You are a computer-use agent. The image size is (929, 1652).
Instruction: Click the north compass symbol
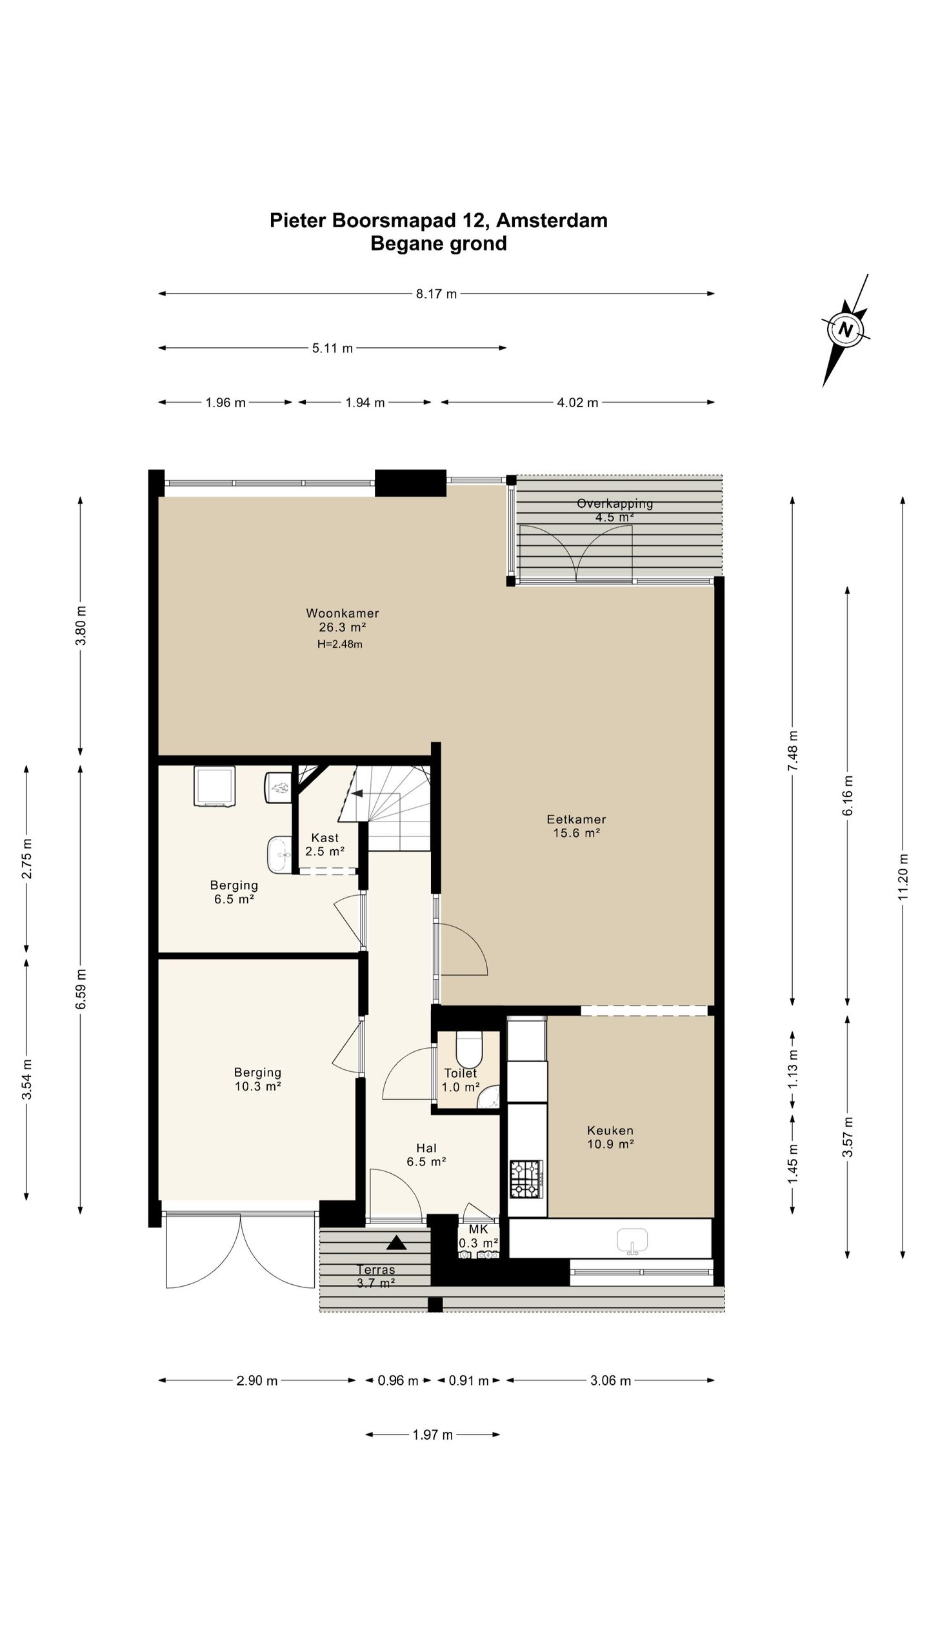[x=845, y=330]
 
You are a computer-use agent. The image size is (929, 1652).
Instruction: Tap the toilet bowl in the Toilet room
[x=468, y=1050]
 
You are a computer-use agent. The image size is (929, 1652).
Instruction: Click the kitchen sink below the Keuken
[x=632, y=1241]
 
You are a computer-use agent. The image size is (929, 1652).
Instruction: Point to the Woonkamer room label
[x=343, y=613]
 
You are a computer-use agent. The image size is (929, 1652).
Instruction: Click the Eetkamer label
[x=576, y=819]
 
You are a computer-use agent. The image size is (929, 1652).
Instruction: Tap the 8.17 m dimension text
[x=436, y=294]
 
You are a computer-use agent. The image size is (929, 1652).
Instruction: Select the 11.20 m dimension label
[x=903, y=876]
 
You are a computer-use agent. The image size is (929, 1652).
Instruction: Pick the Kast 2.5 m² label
[x=325, y=844]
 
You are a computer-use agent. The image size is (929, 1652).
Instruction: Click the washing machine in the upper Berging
[x=215, y=786]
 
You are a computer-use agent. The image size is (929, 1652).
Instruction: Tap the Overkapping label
[x=615, y=503]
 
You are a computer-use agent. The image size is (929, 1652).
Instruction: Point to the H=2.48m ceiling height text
[x=339, y=644]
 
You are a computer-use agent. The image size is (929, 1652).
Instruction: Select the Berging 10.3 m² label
[x=257, y=1079]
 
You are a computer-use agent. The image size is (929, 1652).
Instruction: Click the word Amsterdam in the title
[x=552, y=221]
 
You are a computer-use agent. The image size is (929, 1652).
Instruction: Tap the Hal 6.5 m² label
[x=426, y=1154]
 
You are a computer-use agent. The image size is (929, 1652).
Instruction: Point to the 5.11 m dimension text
[x=333, y=348]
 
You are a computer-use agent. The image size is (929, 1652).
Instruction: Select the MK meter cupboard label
[x=479, y=1229]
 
